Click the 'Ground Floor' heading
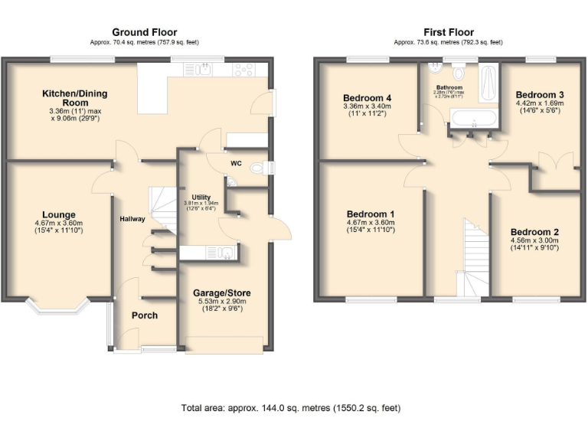click(x=144, y=32)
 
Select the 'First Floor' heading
click(x=449, y=32)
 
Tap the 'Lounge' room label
click(x=58, y=214)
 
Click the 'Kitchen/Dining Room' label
click(x=74, y=98)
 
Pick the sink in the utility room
click(x=224, y=252)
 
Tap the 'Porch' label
click(x=144, y=315)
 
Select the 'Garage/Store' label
click(x=221, y=293)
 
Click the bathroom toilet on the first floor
click(x=459, y=73)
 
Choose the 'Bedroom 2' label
click(x=534, y=232)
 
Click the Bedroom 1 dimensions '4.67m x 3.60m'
click(x=371, y=224)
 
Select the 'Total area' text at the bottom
click(x=290, y=407)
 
